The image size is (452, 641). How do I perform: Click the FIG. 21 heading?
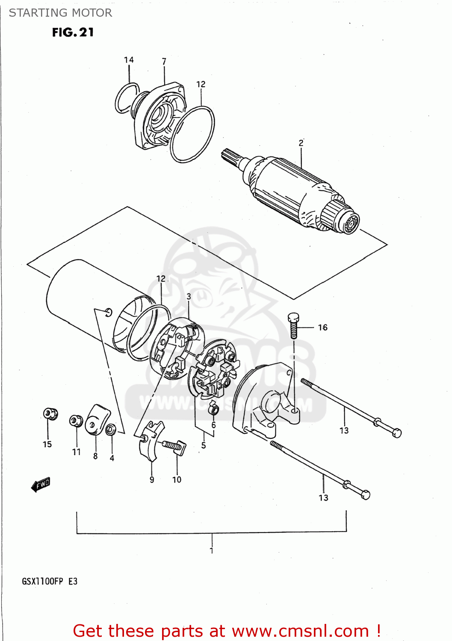[x=73, y=32]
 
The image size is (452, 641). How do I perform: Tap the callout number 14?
[x=129, y=60]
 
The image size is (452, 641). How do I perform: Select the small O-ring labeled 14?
[x=126, y=98]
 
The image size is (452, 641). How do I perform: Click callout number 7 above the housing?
[x=164, y=62]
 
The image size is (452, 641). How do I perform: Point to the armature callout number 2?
[x=301, y=143]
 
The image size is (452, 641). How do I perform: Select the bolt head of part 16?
[x=293, y=318]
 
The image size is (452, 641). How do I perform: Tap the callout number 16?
[x=322, y=327]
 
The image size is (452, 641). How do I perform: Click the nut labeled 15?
[x=50, y=413]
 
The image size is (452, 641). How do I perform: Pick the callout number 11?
[x=76, y=452]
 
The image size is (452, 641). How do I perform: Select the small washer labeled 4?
[x=111, y=429]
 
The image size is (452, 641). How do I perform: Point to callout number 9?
[x=152, y=480]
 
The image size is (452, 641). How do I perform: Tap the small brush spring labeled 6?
[x=213, y=409]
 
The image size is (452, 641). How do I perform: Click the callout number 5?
[x=204, y=445]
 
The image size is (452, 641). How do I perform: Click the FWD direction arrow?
[x=41, y=485]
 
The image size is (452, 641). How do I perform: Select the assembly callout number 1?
[x=211, y=551]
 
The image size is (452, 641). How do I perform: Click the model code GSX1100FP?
[x=42, y=581]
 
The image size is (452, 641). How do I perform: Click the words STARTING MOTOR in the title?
[x=60, y=13]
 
